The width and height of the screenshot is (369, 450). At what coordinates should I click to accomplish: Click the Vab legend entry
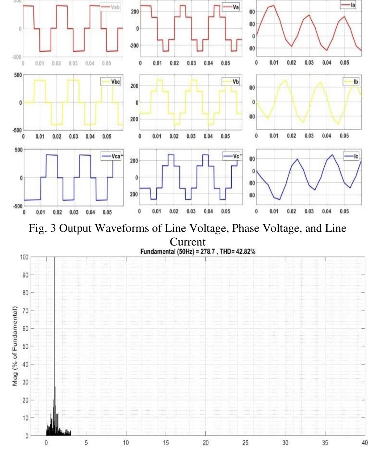111,7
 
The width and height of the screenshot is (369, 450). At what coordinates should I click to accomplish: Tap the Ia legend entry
349,5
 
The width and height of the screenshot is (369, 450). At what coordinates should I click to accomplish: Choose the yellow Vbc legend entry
112,82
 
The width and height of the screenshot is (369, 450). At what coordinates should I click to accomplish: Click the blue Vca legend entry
111,156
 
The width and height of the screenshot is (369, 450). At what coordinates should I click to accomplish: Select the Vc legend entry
232,156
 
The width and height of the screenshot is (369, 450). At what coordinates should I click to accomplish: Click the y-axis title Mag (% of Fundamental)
15,346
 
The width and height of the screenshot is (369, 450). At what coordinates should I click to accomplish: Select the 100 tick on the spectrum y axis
24,257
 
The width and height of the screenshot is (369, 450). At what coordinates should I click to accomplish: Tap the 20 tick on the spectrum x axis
206,443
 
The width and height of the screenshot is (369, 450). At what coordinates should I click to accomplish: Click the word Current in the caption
188,242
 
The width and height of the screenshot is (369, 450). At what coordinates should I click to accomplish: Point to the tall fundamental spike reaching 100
54,316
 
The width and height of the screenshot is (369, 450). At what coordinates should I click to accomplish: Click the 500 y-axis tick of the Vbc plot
18,75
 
